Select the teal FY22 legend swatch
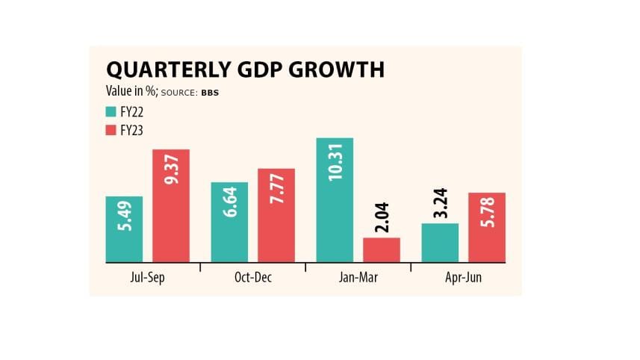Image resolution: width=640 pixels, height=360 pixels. (111, 114)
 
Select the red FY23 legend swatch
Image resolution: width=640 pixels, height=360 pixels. (111, 129)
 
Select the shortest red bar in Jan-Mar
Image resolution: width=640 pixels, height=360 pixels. (382, 250)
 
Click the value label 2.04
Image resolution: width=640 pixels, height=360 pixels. (382, 219)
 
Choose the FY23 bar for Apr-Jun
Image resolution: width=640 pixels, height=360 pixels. (488, 227)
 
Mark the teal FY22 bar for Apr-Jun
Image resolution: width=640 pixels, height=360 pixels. (441, 243)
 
